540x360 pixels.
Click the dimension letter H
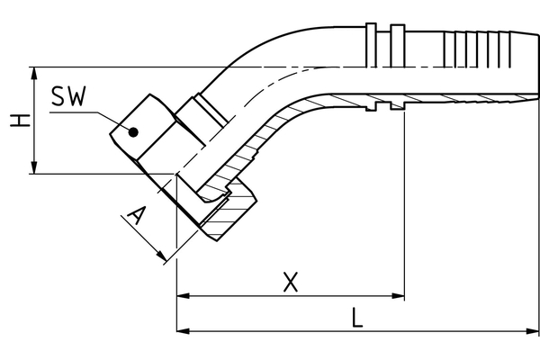[15, 120]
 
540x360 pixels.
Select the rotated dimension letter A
[136, 217]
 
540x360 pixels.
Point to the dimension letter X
[290, 282]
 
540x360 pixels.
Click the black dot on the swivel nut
[133, 132]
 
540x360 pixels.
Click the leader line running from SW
[109, 118]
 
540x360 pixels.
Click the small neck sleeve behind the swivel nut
[198, 115]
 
